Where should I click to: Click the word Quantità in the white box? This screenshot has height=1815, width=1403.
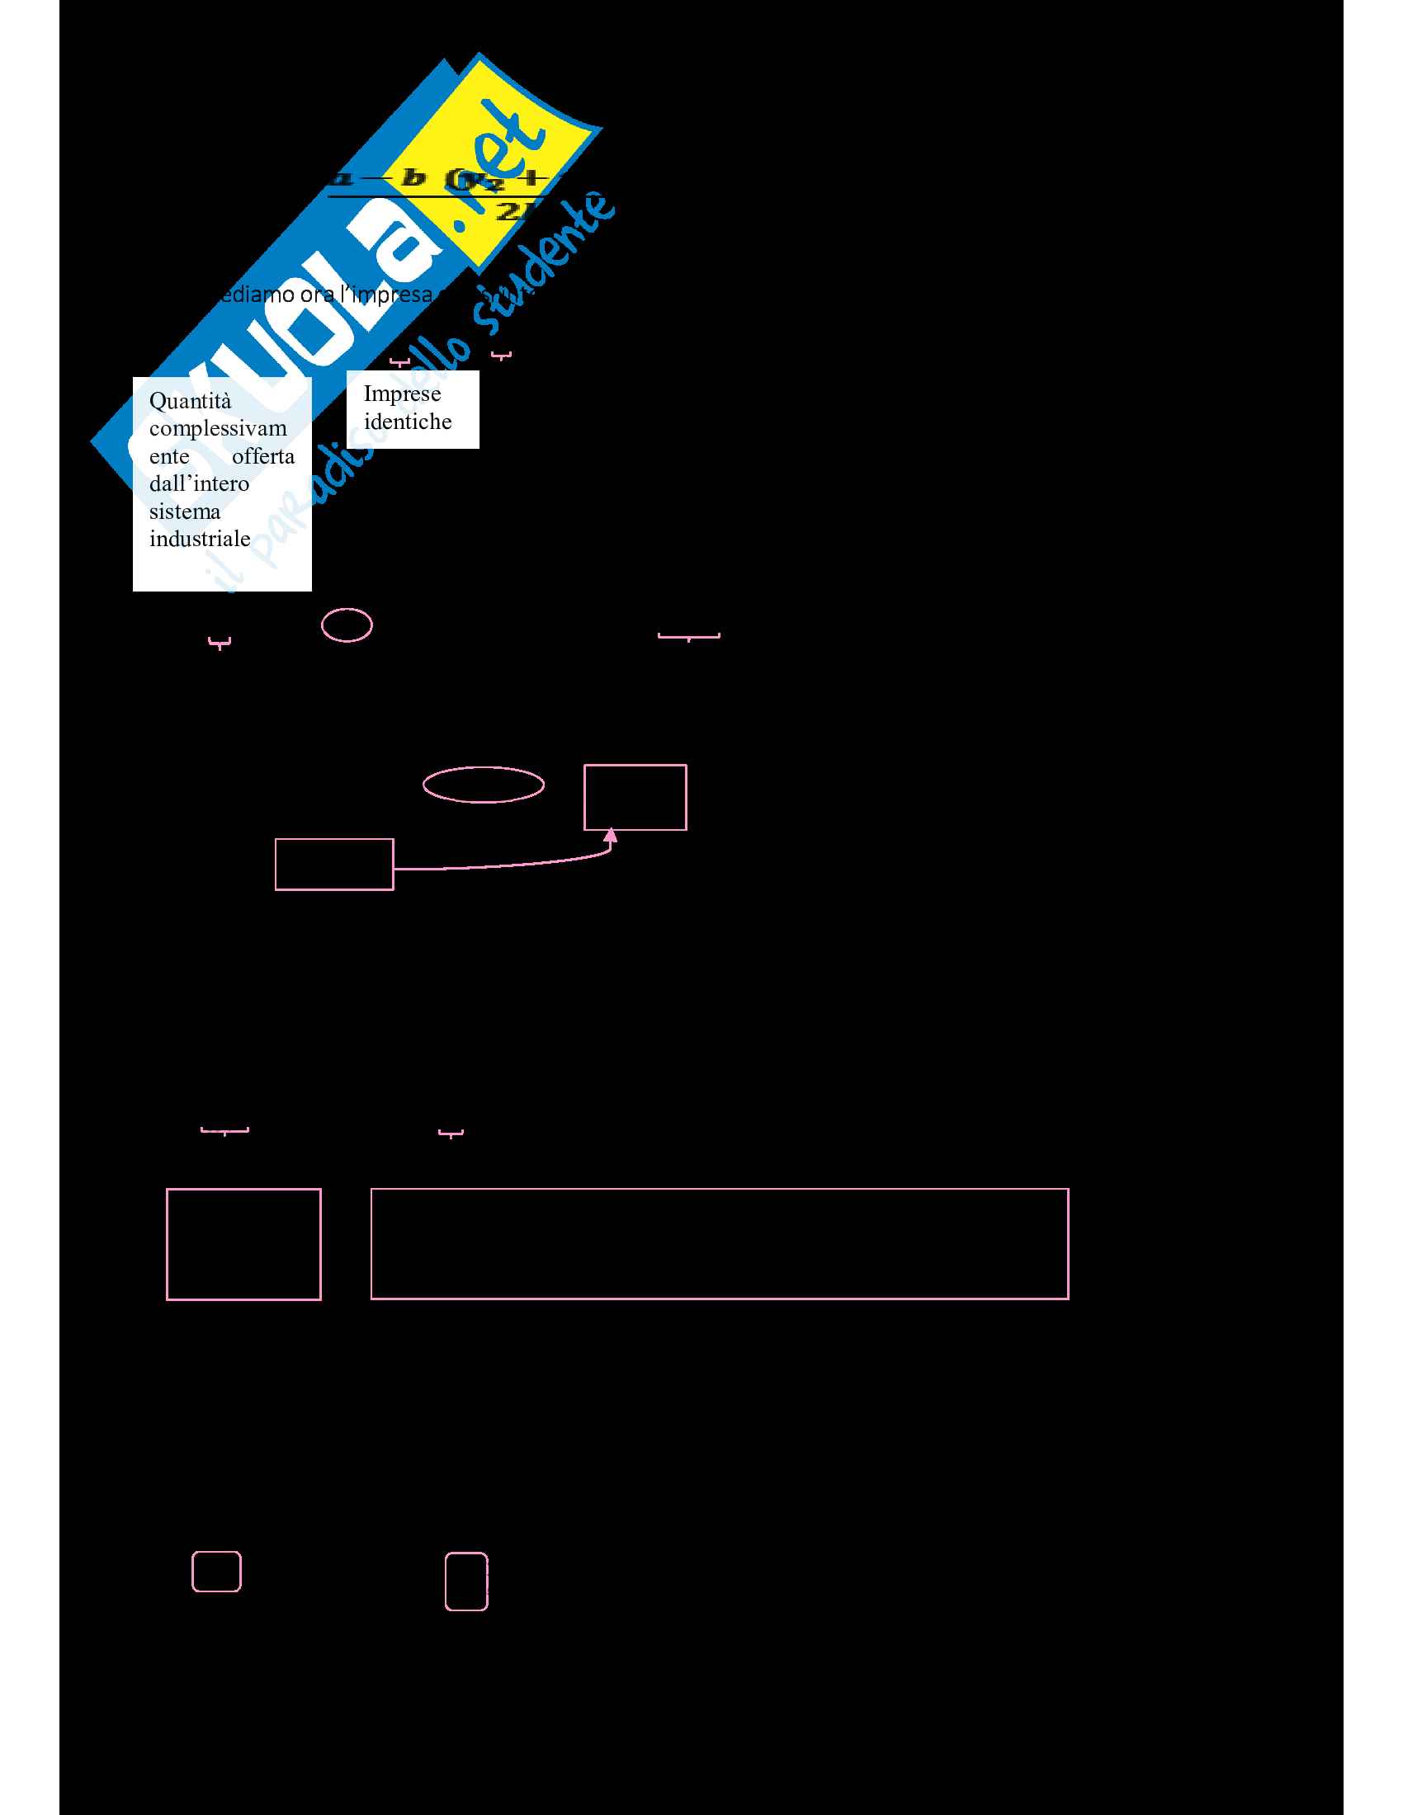coord(190,402)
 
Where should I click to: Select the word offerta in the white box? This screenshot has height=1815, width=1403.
coord(262,456)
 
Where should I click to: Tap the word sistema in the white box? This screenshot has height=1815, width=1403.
coord(185,511)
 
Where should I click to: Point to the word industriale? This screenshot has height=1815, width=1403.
coord(200,539)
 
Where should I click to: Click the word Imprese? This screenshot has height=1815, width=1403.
coord(401,394)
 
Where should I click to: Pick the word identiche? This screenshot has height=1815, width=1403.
coord(407,422)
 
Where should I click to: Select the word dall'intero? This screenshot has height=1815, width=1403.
coord(199,483)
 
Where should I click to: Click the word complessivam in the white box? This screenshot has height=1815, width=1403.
coord(218,429)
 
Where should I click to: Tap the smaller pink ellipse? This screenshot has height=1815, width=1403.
coord(347,625)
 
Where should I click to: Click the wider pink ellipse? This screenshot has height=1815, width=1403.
coord(483,785)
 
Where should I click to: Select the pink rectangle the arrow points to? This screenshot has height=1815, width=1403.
coord(635,797)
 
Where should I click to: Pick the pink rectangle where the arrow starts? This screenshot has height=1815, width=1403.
coord(334,865)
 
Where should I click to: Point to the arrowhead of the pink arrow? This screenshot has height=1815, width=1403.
coord(611,835)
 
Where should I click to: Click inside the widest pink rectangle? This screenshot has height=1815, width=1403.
coord(719,1243)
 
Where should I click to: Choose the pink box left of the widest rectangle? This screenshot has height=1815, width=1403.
coord(243,1244)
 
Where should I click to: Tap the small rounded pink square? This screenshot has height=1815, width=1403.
coord(216,1572)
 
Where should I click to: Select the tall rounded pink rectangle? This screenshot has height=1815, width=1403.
coord(466,1581)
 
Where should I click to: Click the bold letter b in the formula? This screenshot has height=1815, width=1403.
coord(413,178)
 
